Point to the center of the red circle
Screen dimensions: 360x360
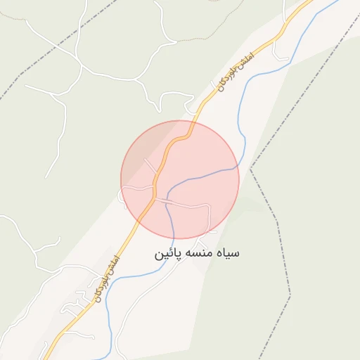180,179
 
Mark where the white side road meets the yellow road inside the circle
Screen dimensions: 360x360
154,198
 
